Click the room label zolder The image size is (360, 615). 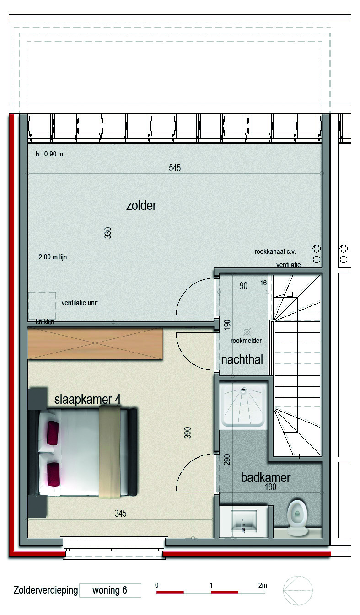(x=141, y=206)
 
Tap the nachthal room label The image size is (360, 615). (x=242, y=360)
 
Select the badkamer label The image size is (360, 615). (x=265, y=477)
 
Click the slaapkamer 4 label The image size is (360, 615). (x=87, y=400)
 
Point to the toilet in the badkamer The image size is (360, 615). (x=297, y=517)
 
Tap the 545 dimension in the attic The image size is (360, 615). (x=175, y=168)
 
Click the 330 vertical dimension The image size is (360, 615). (x=108, y=233)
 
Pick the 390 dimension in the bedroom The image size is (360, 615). (x=188, y=433)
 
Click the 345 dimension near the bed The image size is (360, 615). (x=121, y=513)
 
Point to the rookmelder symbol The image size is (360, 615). (x=247, y=332)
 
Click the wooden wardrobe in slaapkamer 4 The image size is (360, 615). (x=95, y=343)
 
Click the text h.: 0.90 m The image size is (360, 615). (x=49, y=154)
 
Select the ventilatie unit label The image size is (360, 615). (x=80, y=303)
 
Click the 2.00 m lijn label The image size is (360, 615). (x=53, y=257)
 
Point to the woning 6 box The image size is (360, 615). (x=110, y=590)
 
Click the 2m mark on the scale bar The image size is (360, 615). (x=263, y=585)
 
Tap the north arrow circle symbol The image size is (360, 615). (x=298, y=590)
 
